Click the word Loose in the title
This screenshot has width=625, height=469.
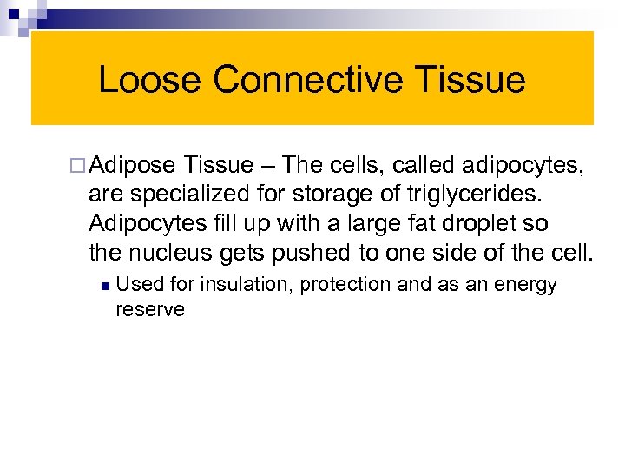coord(150,80)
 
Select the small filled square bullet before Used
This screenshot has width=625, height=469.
coord(103,286)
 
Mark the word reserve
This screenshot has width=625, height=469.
coord(150,309)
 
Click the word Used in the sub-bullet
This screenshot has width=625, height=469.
coord(137,285)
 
